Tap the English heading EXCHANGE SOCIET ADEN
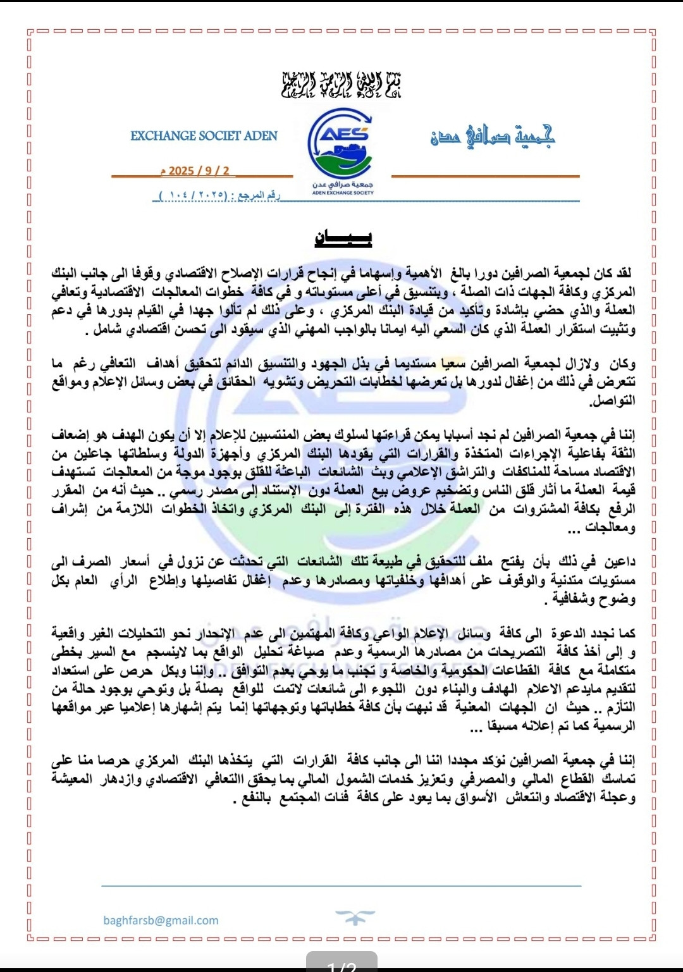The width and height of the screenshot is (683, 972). click(x=204, y=136)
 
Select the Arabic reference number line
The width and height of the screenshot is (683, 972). click(x=219, y=195)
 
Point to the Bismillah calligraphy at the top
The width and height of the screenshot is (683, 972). click(x=341, y=85)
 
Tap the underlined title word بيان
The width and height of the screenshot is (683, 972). click(x=343, y=238)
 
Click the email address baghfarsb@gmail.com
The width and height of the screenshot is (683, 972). click(x=161, y=920)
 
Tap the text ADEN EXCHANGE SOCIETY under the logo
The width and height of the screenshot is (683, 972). click(x=343, y=193)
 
